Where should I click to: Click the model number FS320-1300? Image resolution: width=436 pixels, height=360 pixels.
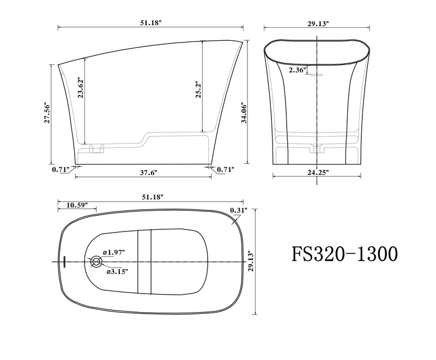tap(344, 254)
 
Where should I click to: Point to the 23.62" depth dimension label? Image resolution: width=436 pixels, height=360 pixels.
tap(81, 88)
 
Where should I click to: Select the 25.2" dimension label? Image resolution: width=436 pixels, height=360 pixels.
tap(198, 90)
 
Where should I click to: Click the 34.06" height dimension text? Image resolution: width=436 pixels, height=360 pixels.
tap(244, 113)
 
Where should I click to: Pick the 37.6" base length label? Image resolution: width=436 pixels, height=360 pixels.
tap(148, 173)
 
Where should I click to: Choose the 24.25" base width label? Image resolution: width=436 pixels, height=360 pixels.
tap(318, 173)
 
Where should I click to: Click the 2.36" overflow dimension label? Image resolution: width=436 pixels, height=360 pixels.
tap(298, 70)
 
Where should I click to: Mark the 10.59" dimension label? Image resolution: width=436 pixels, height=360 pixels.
tap(77, 205)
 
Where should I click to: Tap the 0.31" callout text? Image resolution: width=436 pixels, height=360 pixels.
tap(239, 210)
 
